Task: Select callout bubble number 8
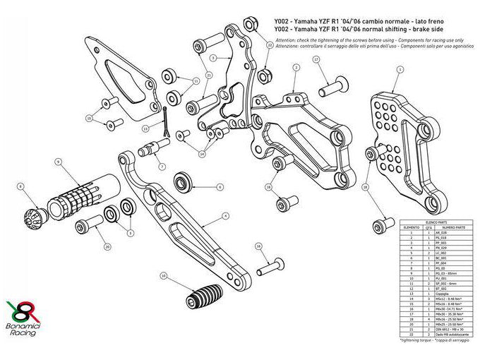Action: tap(21, 187)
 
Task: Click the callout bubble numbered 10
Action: tap(164, 276)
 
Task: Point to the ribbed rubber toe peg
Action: tap(203, 294)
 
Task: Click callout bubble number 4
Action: tap(226, 215)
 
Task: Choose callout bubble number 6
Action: tap(220, 187)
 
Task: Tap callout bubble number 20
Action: tap(107, 247)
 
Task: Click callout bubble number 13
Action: tap(145, 128)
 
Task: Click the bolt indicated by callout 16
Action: tap(267, 268)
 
